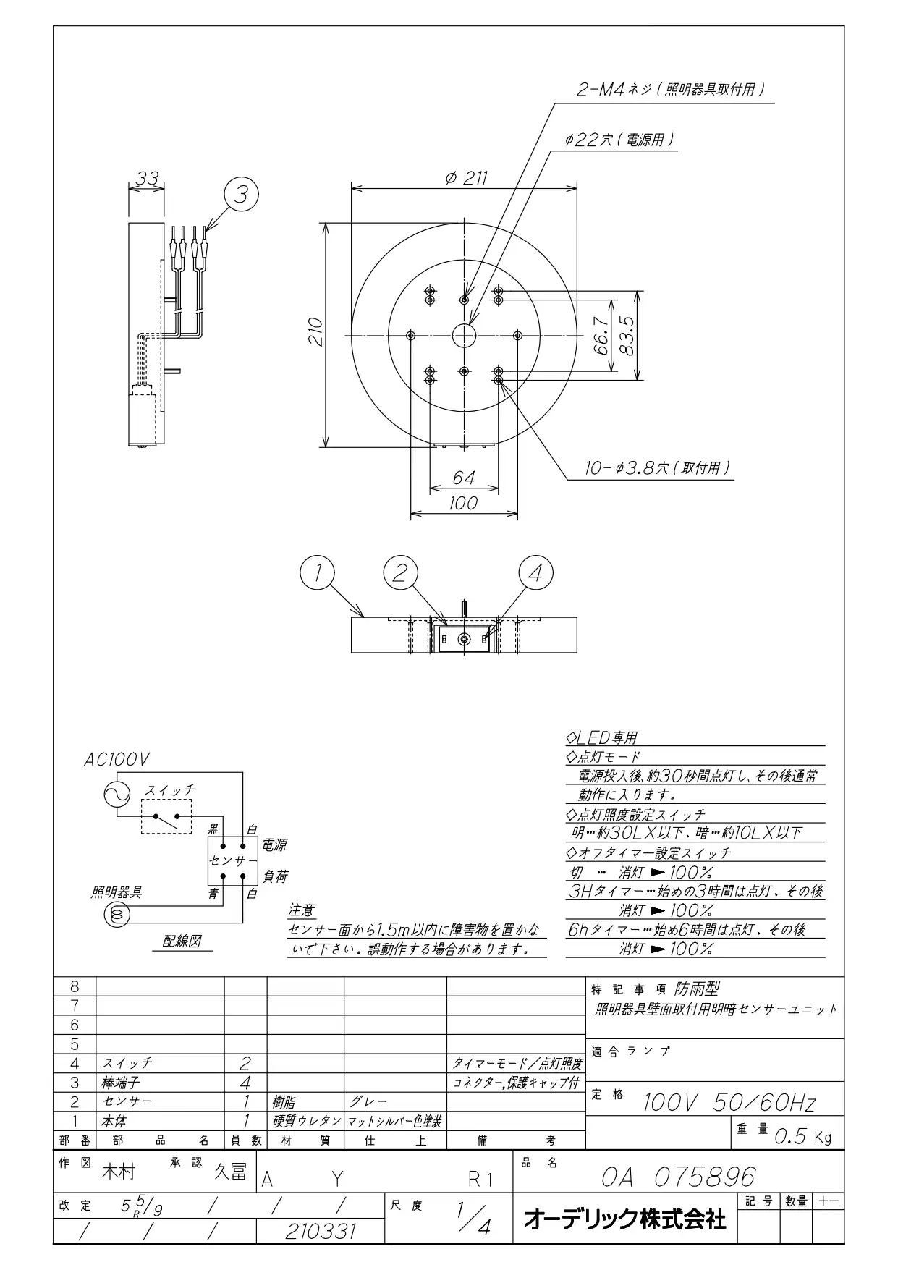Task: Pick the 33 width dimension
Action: pyautogui.click(x=148, y=177)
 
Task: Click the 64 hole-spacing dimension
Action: pyautogui.click(x=463, y=478)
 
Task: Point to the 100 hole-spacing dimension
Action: pyautogui.click(x=463, y=503)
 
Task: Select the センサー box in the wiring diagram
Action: pyautogui.click(x=233, y=860)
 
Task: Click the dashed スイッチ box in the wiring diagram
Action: pyautogui.click(x=166, y=816)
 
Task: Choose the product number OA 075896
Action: pyautogui.click(x=678, y=1177)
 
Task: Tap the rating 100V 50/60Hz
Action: pyautogui.click(x=729, y=1103)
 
